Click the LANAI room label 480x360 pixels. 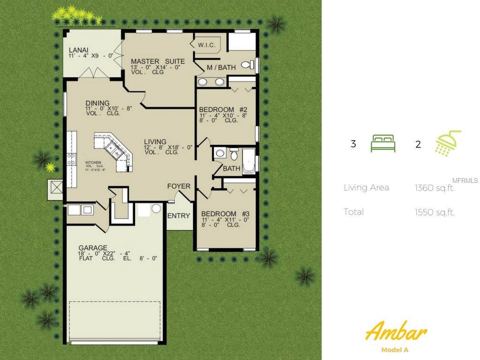pyautogui.click(x=79, y=50)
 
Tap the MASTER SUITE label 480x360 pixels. pyautogui.click(x=157, y=61)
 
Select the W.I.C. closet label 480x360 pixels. pyautogui.click(x=206, y=45)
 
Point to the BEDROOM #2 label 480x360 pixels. pyautogui.click(x=223, y=110)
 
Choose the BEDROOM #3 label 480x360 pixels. pyautogui.click(x=225, y=214)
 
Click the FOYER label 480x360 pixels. pyautogui.click(x=179, y=186)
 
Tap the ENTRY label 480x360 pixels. pyautogui.click(x=179, y=216)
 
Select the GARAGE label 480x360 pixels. pyautogui.click(x=93, y=248)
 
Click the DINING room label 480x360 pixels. pyautogui.click(x=97, y=103)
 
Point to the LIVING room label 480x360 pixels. pyautogui.click(x=155, y=142)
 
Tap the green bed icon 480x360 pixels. pyautogui.click(x=383, y=143)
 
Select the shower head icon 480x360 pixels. pyautogui.click(x=448, y=143)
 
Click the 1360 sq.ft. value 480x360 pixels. pyautogui.click(x=435, y=188)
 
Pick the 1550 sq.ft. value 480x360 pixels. pyautogui.click(x=435, y=212)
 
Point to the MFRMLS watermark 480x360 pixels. pyautogui.click(x=465, y=180)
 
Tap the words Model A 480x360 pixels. pyautogui.click(x=396, y=350)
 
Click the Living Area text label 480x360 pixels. pyautogui.click(x=366, y=187)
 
